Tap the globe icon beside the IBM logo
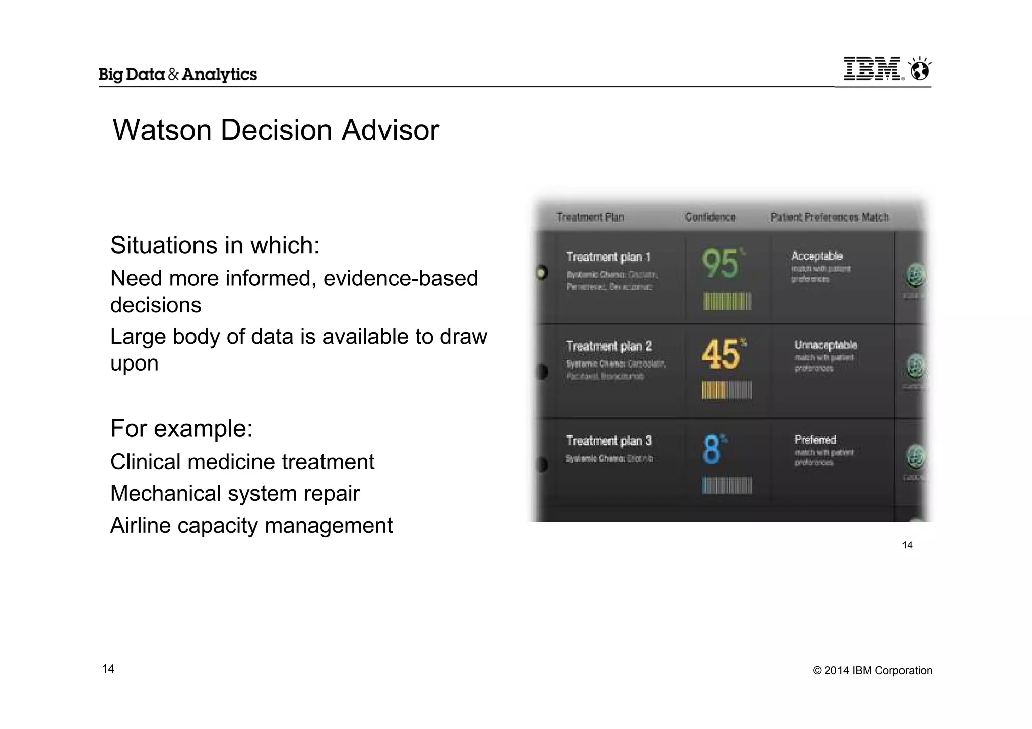(920, 69)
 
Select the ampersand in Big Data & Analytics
(173, 75)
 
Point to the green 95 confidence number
(720, 263)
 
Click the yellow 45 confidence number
(721, 354)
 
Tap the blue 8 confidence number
(712, 449)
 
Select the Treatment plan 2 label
(609, 346)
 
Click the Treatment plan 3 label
(609, 441)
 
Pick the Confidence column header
(710, 217)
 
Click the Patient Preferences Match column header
(829, 217)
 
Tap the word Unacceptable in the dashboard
(825, 345)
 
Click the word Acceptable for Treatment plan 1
(816, 256)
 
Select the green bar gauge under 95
(727, 301)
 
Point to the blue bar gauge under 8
(727, 486)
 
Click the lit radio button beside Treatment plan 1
(542, 273)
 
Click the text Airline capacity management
(251, 525)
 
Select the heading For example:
(181, 428)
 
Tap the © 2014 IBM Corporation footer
(872, 670)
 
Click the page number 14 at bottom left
(108, 669)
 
